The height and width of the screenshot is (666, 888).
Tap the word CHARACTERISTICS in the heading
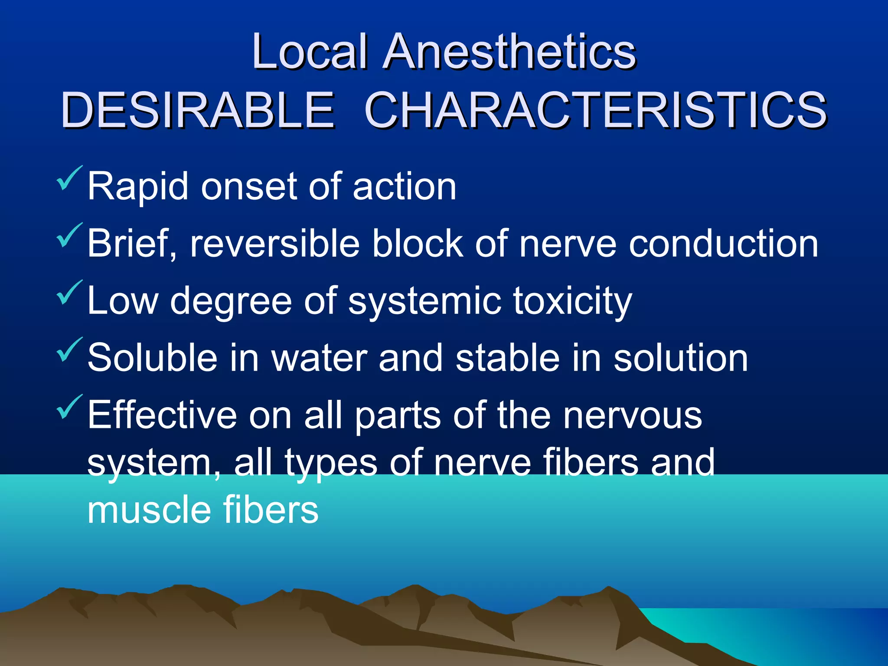click(x=595, y=110)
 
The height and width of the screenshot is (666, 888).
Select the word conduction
click(x=723, y=244)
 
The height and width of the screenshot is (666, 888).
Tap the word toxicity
click(x=572, y=302)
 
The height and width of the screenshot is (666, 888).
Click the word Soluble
click(x=152, y=358)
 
